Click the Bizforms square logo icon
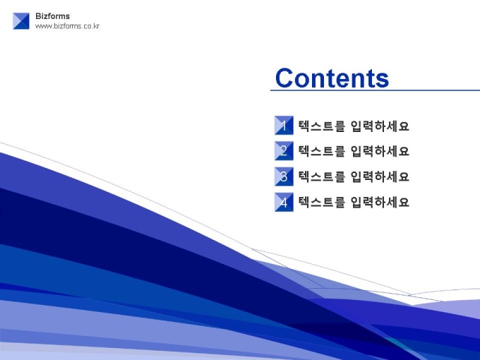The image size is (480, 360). click(21, 21)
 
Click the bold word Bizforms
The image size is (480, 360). click(53, 16)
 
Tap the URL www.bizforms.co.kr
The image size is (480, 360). click(67, 26)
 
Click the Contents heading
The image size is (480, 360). click(332, 78)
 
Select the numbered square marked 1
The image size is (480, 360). click(284, 125)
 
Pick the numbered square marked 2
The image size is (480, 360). click(284, 150)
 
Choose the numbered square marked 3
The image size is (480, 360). click(284, 176)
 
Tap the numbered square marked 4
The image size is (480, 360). click(284, 202)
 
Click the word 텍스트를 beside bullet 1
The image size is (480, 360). click(322, 126)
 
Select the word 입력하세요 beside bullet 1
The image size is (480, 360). click(380, 126)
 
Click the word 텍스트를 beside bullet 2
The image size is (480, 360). click(322, 151)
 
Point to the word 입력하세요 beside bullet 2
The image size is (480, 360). click(380, 151)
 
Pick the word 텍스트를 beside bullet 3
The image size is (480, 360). click(322, 176)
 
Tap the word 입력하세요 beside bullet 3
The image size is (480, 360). click(380, 176)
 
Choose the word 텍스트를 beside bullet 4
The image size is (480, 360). click(322, 202)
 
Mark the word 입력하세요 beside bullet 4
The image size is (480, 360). click(380, 202)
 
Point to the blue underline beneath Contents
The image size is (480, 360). click(375, 90)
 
